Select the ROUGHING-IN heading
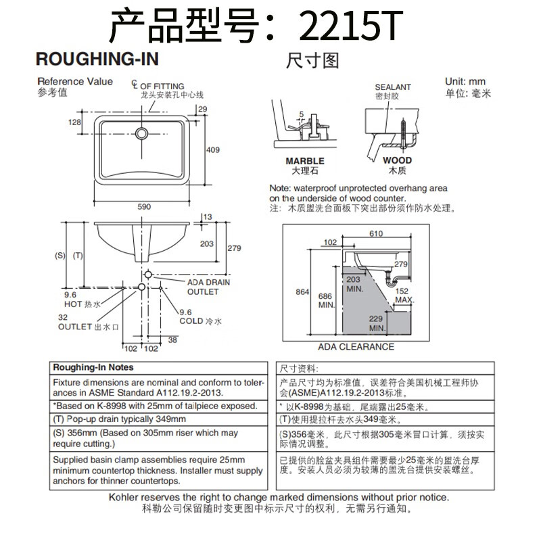pyautogui.click(x=97, y=60)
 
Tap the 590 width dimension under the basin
pyautogui.click(x=144, y=206)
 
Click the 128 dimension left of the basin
pyautogui.click(x=74, y=122)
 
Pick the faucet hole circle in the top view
pyautogui.click(x=143, y=132)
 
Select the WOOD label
pyautogui.click(x=397, y=161)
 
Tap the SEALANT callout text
pyautogui.click(x=393, y=87)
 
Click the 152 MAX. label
pyautogui.click(x=402, y=295)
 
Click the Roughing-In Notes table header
pyautogui.click(x=93, y=367)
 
